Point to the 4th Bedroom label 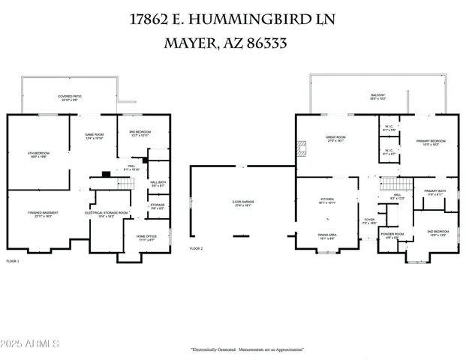[x=38, y=154]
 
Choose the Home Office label [x=146, y=238]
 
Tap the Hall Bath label [x=158, y=184]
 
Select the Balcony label [x=377, y=97]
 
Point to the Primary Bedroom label [x=426, y=142]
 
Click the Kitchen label [x=326, y=200]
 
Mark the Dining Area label [x=327, y=236]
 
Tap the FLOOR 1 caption [x=13, y=261]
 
